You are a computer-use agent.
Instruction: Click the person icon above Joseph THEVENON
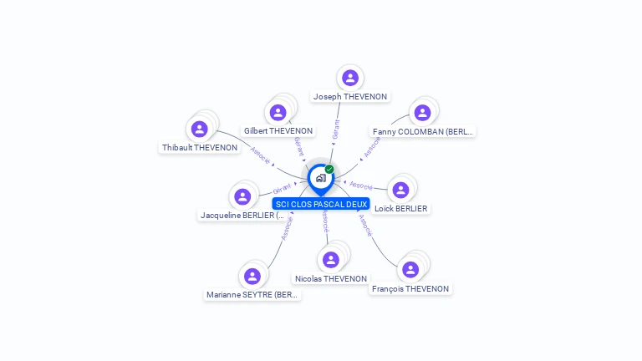point(350,78)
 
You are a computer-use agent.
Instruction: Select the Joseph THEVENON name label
point(350,97)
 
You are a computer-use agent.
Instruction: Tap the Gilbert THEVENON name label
point(278,131)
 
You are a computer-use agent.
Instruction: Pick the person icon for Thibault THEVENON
point(199,129)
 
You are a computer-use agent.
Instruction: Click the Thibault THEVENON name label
point(200,148)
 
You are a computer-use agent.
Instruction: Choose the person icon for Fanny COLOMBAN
point(422,112)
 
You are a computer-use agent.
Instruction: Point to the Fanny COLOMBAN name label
point(422,131)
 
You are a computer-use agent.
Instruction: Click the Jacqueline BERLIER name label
point(242,216)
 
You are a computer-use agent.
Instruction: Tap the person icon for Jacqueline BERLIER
point(242,196)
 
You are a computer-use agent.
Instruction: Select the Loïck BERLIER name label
point(400,209)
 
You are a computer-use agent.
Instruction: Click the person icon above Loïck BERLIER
point(400,190)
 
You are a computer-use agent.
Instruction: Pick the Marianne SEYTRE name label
point(252,295)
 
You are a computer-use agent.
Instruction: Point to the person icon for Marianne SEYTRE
point(252,276)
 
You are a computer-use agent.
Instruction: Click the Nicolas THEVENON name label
point(331,279)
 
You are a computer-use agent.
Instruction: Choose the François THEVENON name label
point(410,289)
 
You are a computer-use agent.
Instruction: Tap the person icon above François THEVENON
point(410,269)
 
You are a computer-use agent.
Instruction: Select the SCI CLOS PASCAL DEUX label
point(322,204)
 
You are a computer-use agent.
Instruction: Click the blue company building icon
point(320,178)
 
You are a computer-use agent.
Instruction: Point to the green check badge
point(329,169)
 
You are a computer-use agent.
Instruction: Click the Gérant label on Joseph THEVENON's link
point(336,129)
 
